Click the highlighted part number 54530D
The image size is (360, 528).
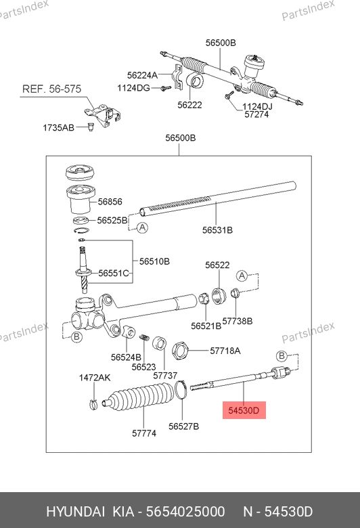(x=244, y=410)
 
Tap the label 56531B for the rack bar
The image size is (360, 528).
(x=217, y=230)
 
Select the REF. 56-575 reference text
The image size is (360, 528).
(x=51, y=89)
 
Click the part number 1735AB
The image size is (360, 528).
(x=58, y=128)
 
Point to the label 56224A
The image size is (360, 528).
(x=142, y=75)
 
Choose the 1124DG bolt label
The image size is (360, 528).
(x=133, y=88)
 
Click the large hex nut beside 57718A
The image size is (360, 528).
(x=179, y=351)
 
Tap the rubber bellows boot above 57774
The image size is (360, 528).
(x=139, y=397)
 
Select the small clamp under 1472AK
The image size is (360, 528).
(x=93, y=403)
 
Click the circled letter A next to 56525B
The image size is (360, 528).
(x=143, y=227)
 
